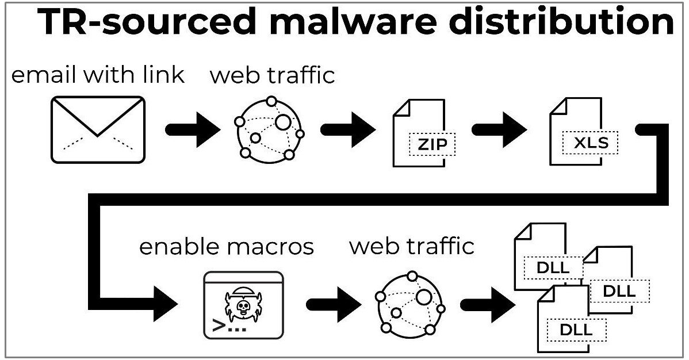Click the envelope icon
(x=98, y=129)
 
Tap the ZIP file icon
(x=419, y=133)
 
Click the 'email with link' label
(x=98, y=75)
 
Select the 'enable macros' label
(x=227, y=247)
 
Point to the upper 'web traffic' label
(x=273, y=75)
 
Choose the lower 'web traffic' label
(x=412, y=246)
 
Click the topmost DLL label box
(x=553, y=267)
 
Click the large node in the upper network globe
(x=282, y=122)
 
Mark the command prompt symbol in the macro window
(x=219, y=327)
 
